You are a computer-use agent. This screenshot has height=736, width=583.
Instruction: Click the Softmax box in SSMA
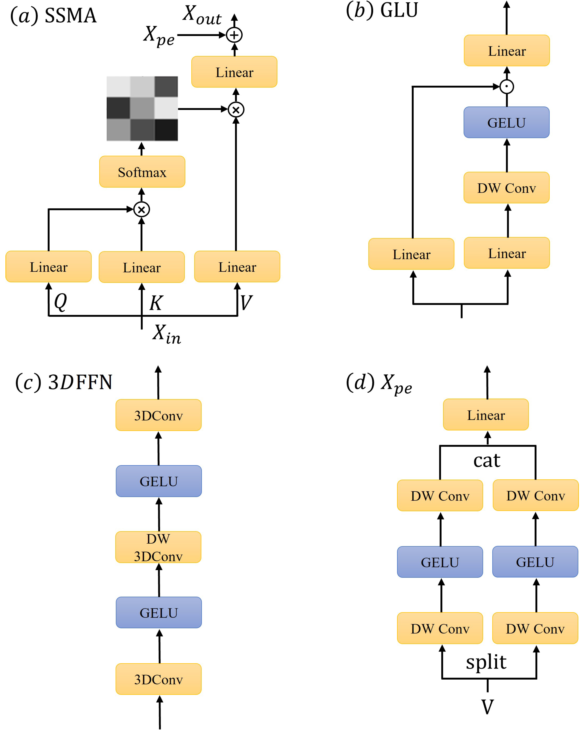[x=142, y=172]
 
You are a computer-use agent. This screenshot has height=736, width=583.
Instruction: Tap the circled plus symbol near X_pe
[x=234, y=35]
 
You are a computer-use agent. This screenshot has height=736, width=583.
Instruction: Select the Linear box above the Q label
[x=48, y=267]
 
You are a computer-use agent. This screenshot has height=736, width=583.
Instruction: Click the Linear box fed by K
[x=142, y=267]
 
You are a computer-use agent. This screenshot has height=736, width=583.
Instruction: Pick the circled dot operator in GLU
[x=507, y=86]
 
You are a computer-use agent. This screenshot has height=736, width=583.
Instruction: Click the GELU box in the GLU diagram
[x=507, y=123]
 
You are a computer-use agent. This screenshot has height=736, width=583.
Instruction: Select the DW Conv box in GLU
[x=507, y=188]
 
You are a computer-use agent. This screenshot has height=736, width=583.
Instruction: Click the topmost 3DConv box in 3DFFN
[x=158, y=415]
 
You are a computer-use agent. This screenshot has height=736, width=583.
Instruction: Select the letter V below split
[x=487, y=707]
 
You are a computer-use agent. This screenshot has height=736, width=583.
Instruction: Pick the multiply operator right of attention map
[x=236, y=110]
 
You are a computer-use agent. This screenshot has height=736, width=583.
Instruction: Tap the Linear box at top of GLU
[x=507, y=51]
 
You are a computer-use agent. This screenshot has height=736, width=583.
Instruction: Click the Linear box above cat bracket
[x=486, y=415]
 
